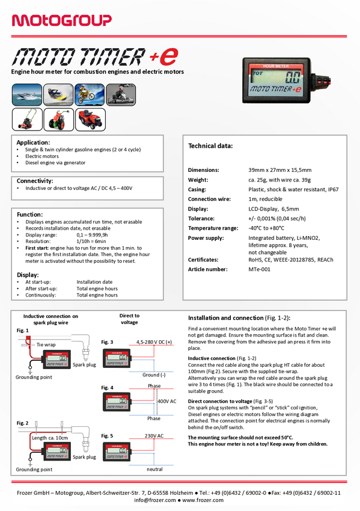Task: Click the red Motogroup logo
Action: click(x=61, y=20)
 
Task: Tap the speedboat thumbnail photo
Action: click(x=27, y=94)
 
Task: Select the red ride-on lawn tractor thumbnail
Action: click(x=90, y=120)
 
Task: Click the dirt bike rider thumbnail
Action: click(x=90, y=94)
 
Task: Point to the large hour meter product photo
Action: click(x=286, y=81)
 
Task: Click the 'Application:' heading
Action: click(x=33, y=142)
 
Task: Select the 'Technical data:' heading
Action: click(x=210, y=146)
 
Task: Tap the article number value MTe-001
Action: click(x=259, y=269)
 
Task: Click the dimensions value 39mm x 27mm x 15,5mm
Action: click(x=280, y=170)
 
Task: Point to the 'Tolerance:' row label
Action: click(x=201, y=218)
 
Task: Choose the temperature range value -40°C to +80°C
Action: click(x=266, y=228)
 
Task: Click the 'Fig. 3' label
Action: click(x=107, y=342)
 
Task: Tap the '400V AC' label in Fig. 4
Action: click(x=167, y=401)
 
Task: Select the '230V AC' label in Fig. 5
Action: click(x=154, y=436)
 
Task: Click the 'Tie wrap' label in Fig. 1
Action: click(x=46, y=344)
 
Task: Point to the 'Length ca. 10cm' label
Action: click(x=50, y=438)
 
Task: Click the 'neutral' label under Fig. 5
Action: click(x=154, y=470)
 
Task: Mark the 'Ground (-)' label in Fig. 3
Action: click(x=154, y=375)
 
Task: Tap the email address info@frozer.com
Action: click(x=155, y=500)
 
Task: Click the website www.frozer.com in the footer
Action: click(x=203, y=500)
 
